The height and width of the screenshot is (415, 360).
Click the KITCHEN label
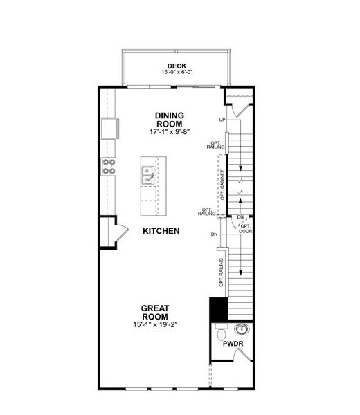tap(161, 230)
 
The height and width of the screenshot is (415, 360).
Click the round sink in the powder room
tap(242, 328)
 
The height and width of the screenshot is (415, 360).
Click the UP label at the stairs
tap(223, 120)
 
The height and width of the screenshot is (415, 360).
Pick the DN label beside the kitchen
tap(215, 234)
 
